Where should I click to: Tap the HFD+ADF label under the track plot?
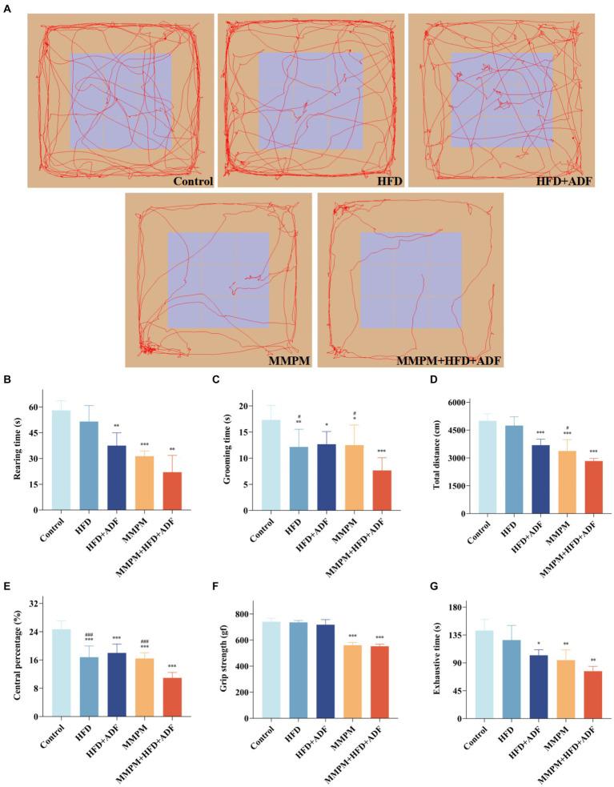565,181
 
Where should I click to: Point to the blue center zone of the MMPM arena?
218,280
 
